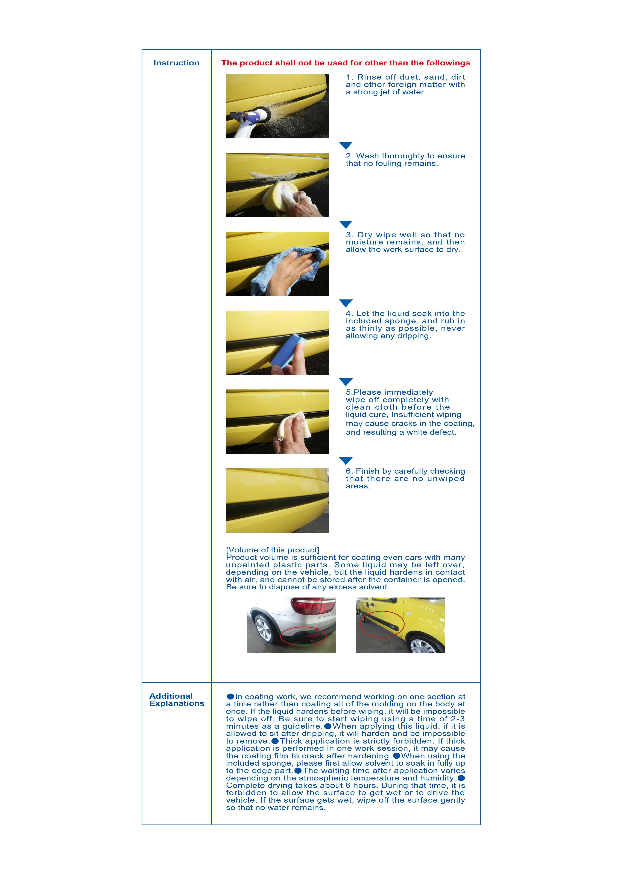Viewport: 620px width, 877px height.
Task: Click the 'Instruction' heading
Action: pos(176,63)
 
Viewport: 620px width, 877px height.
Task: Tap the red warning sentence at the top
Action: pos(346,63)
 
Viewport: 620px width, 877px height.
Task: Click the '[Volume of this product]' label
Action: pos(273,550)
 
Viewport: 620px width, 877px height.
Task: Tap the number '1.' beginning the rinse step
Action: pos(350,77)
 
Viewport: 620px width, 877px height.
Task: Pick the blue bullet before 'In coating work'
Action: pos(230,697)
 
